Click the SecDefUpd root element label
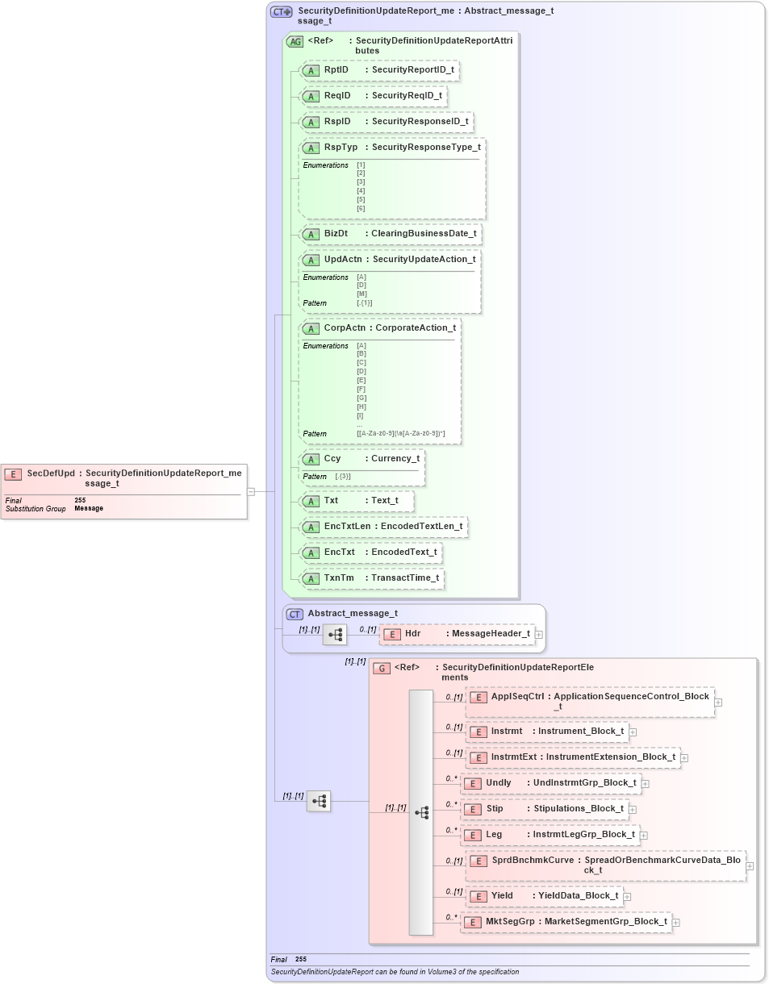51,473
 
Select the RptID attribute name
336,70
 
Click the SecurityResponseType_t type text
426,148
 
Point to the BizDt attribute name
336,234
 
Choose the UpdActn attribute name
342,260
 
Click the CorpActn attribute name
344,328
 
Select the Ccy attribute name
332,459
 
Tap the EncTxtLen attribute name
347,527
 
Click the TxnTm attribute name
339,578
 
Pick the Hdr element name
412,634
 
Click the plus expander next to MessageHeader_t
539,635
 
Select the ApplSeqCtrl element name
517,697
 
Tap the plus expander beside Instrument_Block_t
633,732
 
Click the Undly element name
498,783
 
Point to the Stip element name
495,809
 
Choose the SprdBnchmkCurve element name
533,861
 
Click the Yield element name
502,896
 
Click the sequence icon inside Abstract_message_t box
335,635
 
